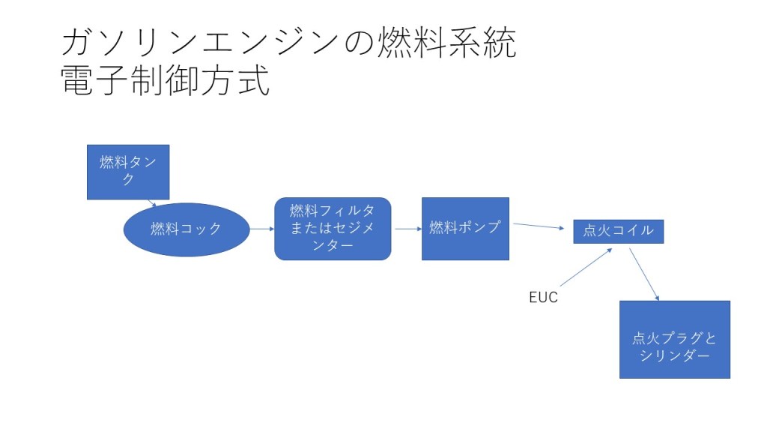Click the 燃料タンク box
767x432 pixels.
tap(128, 172)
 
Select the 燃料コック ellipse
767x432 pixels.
tap(186, 229)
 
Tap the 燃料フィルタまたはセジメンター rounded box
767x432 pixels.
tap(333, 229)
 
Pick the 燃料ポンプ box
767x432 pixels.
tap(465, 229)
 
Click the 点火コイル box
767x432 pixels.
tap(618, 231)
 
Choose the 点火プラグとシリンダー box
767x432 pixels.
tap(674, 340)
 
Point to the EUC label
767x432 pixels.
tap(543, 298)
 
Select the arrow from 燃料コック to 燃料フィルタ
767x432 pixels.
tap(261, 229)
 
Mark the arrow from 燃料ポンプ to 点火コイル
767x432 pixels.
tap(539, 226)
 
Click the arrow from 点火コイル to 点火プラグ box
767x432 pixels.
tap(644, 274)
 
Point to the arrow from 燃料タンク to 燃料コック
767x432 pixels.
tap(152, 202)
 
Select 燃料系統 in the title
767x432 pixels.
tap(449, 43)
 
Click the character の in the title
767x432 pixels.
tap(363, 44)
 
